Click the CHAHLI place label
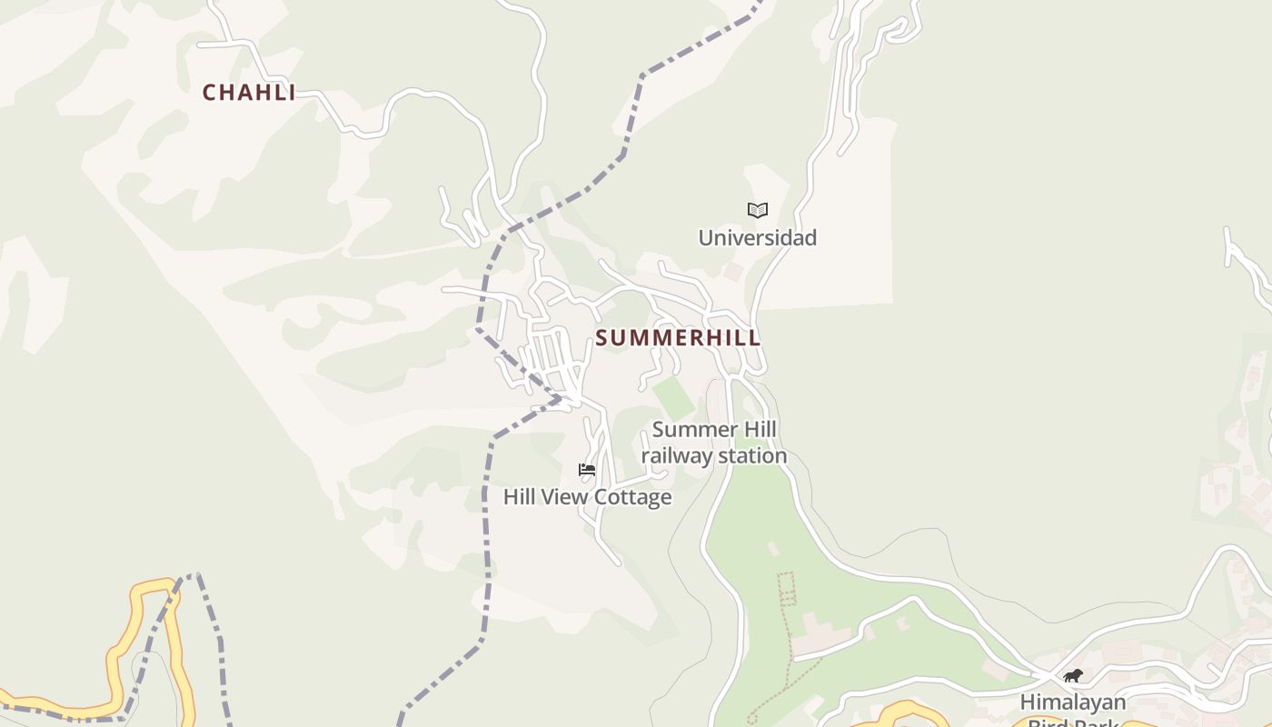(x=249, y=93)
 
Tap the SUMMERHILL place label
(x=678, y=338)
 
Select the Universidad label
(x=757, y=238)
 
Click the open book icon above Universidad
(x=757, y=211)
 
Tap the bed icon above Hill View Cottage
(x=587, y=470)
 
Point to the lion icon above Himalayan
(x=1073, y=676)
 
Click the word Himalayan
(x=1072, y=702)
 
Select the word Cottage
(x=634, y=497)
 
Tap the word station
(x=750, y=456)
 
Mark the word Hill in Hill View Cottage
(x=520, y=497)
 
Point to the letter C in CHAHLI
(x=209, y=93)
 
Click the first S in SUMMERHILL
(x=601, y=338)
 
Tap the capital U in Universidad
(x=706, y=238)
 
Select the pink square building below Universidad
(x=732, y=272)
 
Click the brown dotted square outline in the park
(x=786, y=588)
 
